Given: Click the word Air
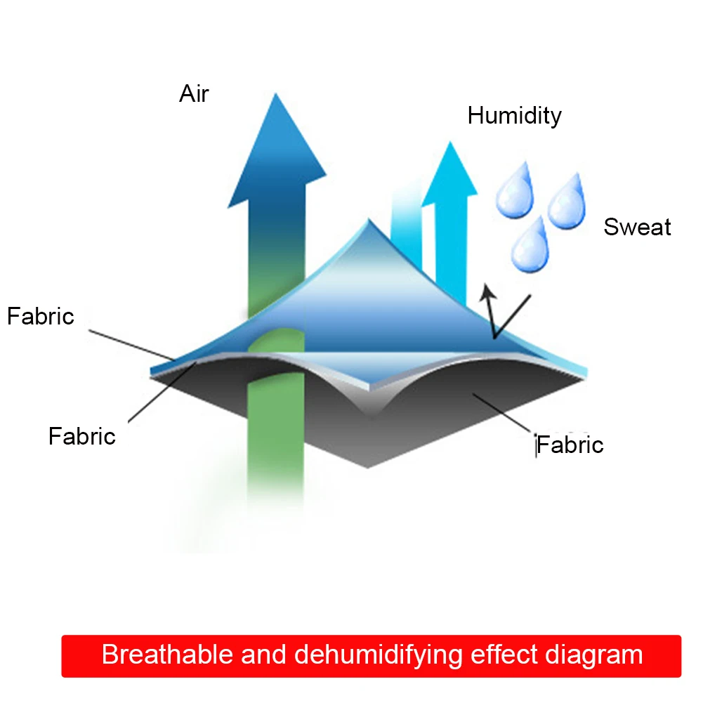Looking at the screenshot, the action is coord(194,93).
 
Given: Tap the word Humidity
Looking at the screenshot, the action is coord(514,115).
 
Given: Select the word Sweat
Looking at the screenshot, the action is coord(637,227).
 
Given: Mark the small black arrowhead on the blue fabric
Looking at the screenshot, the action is coord(484,291).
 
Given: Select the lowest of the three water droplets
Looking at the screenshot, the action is coord(531,245).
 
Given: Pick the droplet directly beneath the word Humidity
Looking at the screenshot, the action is coord(515,190).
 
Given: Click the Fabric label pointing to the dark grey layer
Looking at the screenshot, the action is coord(570,445).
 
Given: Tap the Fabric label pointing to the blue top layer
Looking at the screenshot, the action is coord(40,316).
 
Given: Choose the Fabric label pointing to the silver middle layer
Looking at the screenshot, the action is coord(81,436).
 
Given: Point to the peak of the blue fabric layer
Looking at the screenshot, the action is coord(368,223).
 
